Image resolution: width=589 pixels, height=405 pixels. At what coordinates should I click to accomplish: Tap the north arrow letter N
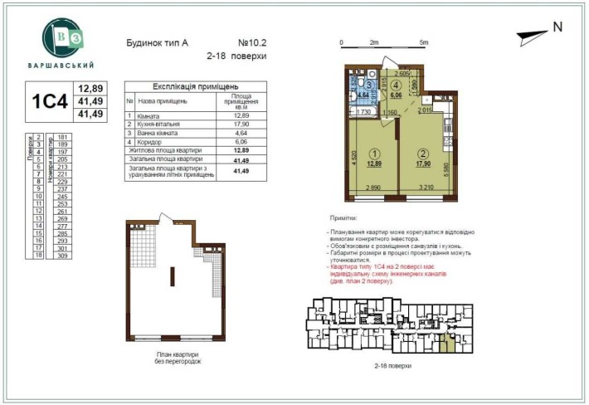point(557,27)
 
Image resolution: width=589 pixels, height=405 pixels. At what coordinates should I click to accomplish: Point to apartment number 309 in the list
point(61,256)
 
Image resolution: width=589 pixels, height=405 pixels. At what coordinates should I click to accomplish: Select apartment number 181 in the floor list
point(61,137)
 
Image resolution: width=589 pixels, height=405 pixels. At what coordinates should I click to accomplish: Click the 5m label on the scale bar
point(423,41)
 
